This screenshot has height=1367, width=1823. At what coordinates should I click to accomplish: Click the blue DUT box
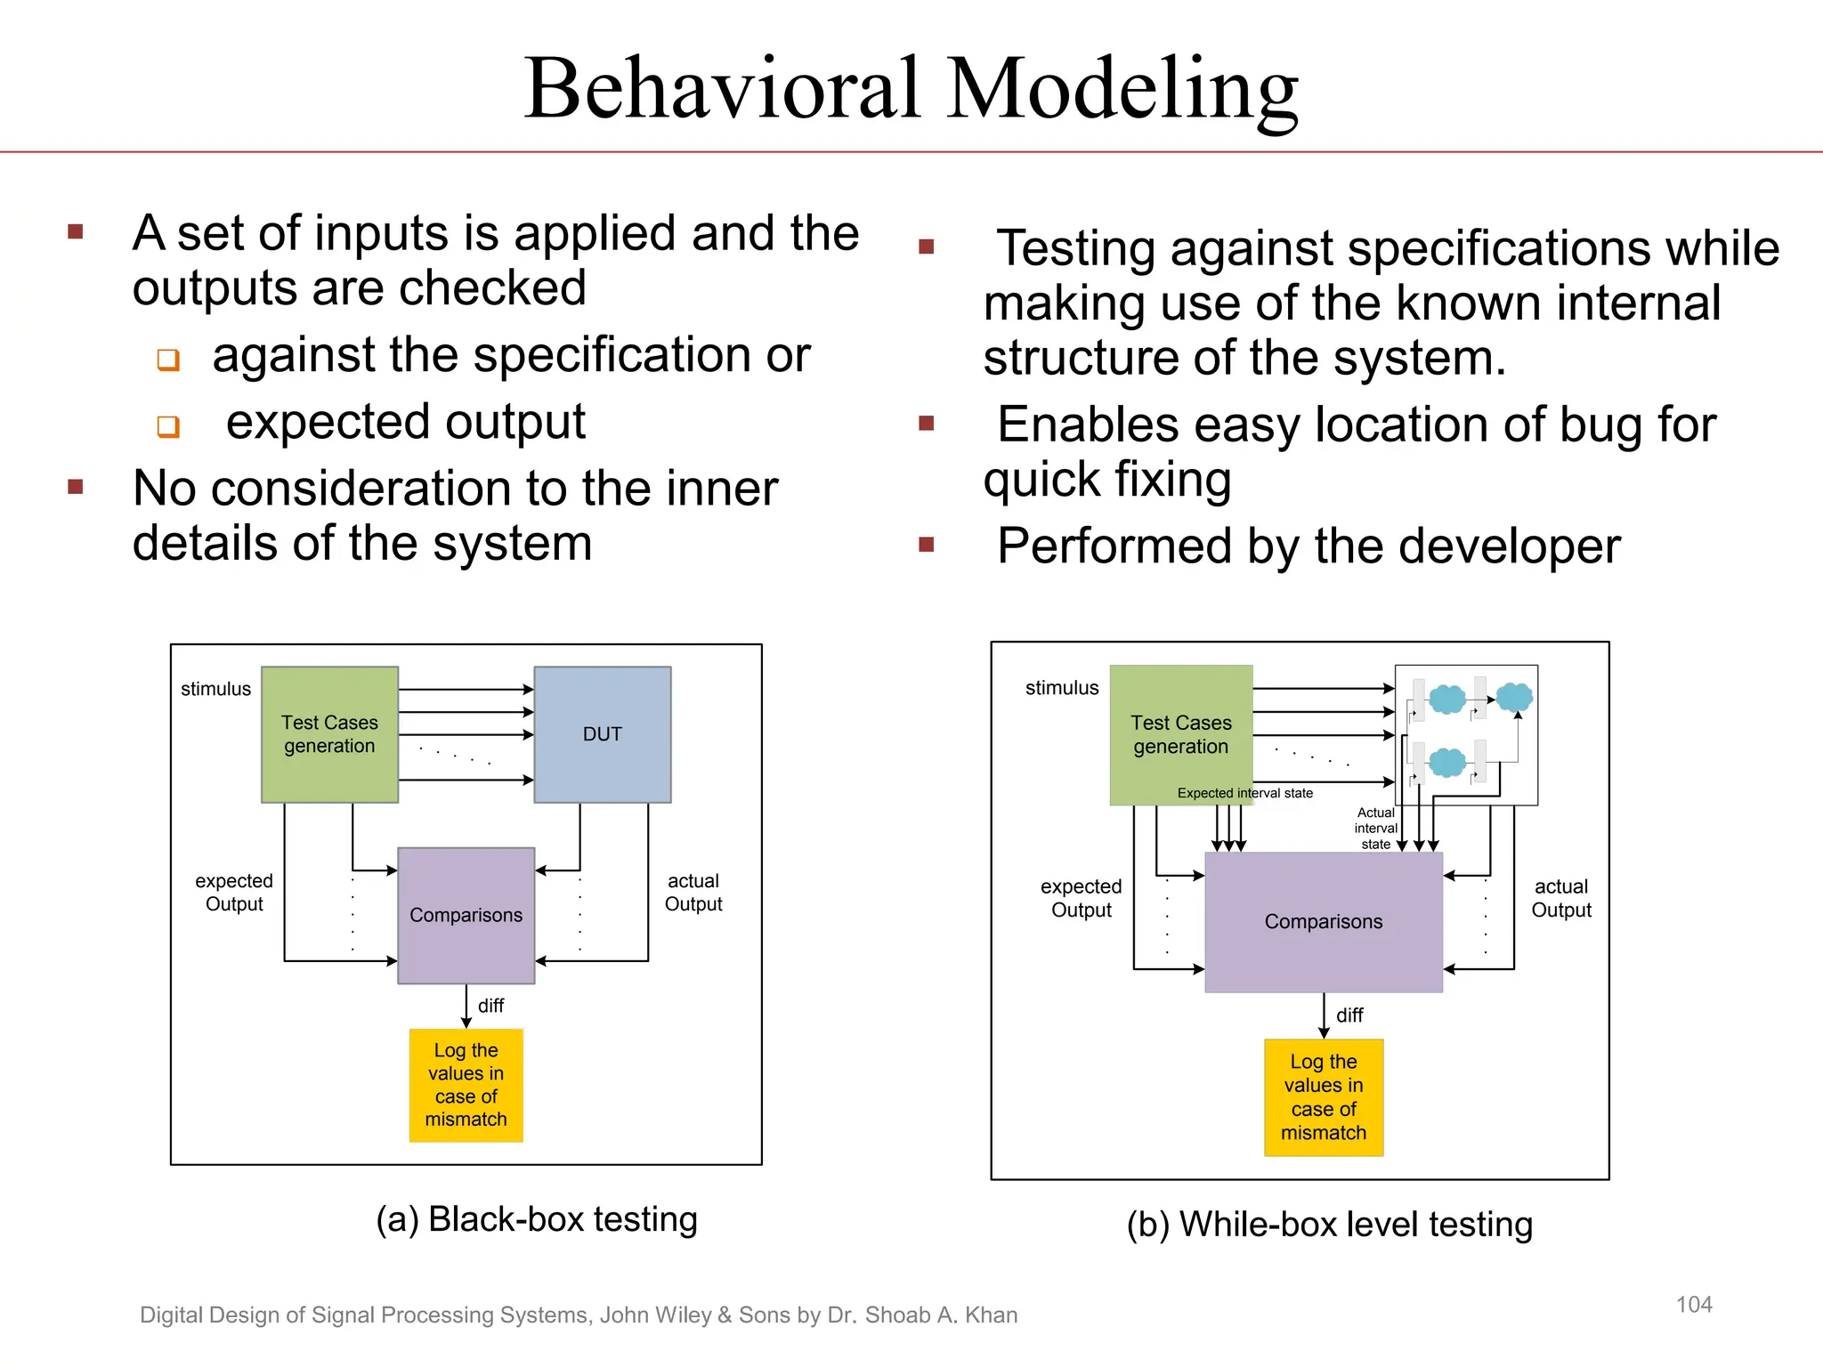coord(602,734)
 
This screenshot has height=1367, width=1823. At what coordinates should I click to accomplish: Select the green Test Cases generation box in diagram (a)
coord(329,734)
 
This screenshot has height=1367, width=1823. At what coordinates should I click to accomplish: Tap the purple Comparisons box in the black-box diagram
coord(466,915)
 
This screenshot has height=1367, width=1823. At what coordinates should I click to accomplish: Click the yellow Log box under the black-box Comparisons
coord(466,1085)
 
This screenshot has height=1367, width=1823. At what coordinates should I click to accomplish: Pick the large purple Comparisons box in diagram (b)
coord(1323,922)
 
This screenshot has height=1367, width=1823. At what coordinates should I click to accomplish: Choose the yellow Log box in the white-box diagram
coord(1323,1096)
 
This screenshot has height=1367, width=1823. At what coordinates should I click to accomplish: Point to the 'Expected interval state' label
coord(1244,793)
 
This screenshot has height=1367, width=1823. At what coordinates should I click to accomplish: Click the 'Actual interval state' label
coord(1375,828)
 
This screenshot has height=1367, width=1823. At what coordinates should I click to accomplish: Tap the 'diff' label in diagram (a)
coord(490,1006)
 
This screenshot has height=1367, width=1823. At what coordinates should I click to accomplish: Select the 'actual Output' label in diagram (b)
coord(1560,898)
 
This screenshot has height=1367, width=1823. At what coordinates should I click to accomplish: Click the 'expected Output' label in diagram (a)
coord(234,892)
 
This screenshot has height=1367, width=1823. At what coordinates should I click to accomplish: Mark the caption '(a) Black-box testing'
coord(536,1219)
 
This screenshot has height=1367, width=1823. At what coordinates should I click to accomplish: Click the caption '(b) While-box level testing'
coord(1329,1225)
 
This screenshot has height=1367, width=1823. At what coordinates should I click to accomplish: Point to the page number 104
coord(1693,1305)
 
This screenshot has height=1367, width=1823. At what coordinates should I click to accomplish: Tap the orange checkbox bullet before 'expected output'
coord(168,426)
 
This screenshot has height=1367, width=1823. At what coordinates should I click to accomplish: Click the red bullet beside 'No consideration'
coord(76,487)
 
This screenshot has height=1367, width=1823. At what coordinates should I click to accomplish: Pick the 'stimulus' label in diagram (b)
coord(1061,688)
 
